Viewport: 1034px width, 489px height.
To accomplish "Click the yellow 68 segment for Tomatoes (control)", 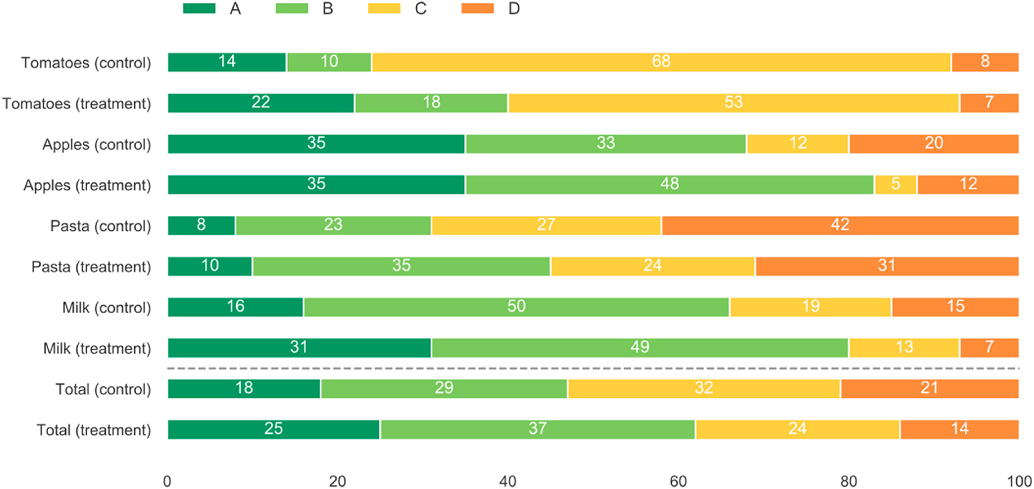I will coord(661,62).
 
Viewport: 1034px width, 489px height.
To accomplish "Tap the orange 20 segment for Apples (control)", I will coord(934,144).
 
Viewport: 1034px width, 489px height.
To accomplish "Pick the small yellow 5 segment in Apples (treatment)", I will coord(896,185).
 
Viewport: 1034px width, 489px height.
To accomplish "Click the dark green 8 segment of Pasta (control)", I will coord(201,225).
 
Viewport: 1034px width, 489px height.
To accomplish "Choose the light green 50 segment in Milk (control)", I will coord(516,307).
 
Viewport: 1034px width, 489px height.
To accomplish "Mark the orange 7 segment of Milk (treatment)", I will coord(989,348).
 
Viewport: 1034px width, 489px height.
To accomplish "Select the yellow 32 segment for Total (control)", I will coord(704,388).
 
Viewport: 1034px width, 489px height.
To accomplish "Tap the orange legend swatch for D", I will coord(477,8).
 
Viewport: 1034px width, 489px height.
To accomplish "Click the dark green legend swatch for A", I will coord(199,8).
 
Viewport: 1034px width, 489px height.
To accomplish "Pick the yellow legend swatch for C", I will coord(384,8).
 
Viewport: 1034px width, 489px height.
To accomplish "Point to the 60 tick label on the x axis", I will coord(678,481).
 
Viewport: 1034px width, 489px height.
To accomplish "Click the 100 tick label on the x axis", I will coord(1019,481).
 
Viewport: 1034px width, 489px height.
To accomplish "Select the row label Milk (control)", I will coord(106,308).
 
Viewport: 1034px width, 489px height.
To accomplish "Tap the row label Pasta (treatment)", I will coord(91,267).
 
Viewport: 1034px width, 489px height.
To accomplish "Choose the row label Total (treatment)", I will coord(94,430).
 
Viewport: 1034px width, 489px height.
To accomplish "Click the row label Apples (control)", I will coord(97,145).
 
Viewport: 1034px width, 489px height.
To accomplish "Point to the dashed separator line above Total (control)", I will coord(593,368).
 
